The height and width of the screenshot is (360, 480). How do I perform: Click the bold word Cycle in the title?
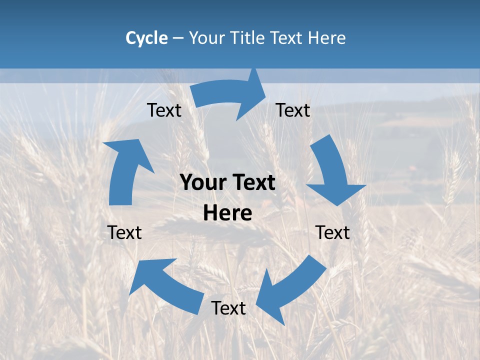[x=146, y=38]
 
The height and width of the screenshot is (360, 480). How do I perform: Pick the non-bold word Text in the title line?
[x=287, y=38]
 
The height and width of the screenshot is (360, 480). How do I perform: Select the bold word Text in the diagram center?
[x=251, y=183]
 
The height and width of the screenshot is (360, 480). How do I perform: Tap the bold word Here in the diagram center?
[x=227, y=213]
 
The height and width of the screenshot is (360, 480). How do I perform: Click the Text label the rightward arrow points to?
[x=293, y=110]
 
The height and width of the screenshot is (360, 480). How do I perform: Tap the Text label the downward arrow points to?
[x=332, y=232]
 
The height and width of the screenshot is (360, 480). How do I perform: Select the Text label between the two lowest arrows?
[x=228, y=308]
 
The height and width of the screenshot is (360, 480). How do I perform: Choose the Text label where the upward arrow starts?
[x=125, y=232]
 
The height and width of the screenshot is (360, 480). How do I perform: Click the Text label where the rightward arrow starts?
[x=164, y=110]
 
